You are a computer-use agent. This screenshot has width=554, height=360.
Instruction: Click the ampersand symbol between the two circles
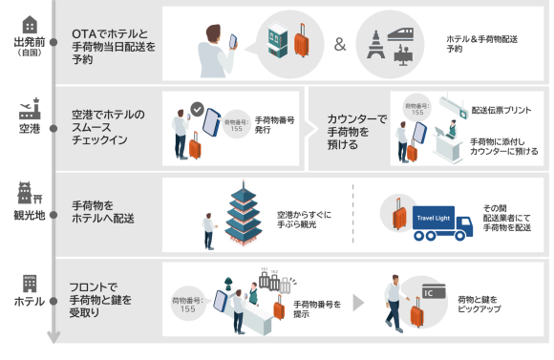340,45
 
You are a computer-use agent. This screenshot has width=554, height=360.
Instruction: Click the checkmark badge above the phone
197,110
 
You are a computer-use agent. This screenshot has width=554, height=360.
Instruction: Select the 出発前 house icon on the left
29,25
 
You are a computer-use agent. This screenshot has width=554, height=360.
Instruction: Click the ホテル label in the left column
28,302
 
